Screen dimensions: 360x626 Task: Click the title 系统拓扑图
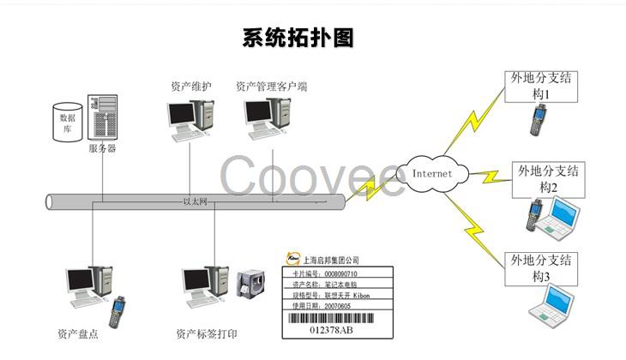point(298,38)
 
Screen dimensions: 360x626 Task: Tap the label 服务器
point(102,148)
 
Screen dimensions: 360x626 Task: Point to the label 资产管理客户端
point(272,87)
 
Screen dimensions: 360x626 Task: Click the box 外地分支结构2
point(549,178)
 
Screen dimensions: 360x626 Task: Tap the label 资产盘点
point(78,334)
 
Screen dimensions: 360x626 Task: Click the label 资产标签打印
point(206,334)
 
